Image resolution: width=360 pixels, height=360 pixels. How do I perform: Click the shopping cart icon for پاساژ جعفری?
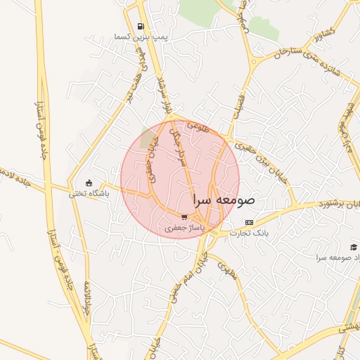coord(184,217)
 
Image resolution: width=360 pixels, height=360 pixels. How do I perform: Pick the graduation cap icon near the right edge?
coord(353,247)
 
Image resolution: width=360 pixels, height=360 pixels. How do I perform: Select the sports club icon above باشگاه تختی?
coord(88,183)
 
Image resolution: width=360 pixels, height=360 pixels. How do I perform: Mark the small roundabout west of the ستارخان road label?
coord(252,63)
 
